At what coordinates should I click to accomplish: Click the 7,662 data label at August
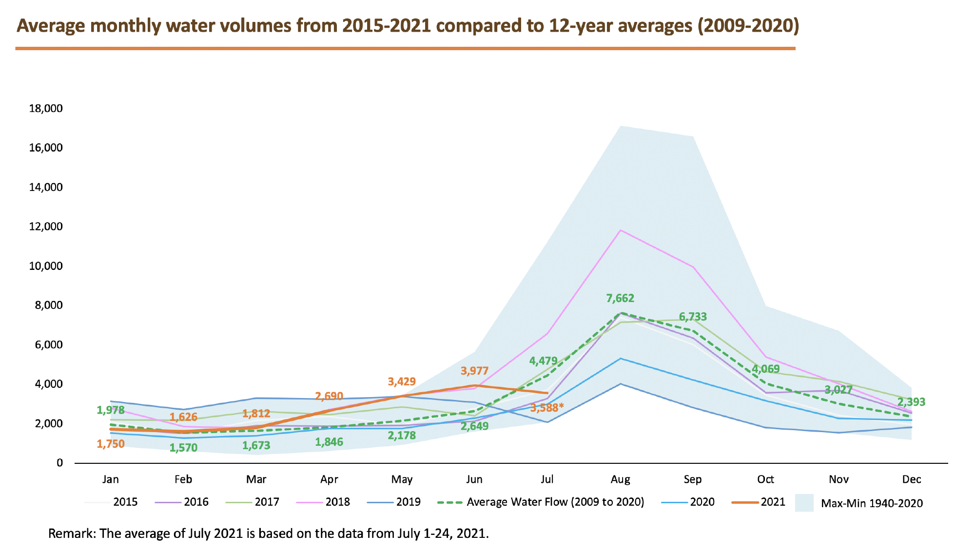click(x=620, y=298)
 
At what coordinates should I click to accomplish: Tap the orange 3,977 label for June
click(x=474, y=371)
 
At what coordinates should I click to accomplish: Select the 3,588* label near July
click(x=547, y=407)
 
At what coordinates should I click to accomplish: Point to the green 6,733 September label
click(x=693, y=317)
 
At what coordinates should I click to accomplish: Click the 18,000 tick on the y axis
click(x=46, y=108)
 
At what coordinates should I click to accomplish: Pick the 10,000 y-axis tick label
click(x=46, y=266)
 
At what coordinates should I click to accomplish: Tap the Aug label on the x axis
click(x=620, y=479)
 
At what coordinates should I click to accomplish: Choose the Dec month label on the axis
click(x=911, y=479)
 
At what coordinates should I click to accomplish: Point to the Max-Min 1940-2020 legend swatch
click(x=804, y=503)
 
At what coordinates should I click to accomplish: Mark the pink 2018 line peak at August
click(x=620, y=230)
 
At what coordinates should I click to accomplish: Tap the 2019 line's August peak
click(x=620, y=384)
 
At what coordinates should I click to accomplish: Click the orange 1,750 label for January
click(x=111, y=444)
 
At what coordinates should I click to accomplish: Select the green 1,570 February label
click(x=183, y=448)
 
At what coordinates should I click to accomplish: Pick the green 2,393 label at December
click(x=911, y=402)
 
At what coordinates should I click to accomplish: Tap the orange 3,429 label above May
click(x=402, y=381)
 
